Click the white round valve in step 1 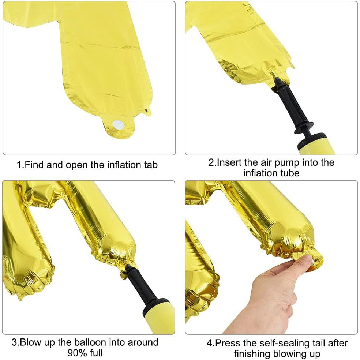pyautogui.click(x=118, y=124)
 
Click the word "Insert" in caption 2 pyautogui.click(x=229, y=162)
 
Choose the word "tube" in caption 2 pyautogui.click(x=289, y=173)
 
